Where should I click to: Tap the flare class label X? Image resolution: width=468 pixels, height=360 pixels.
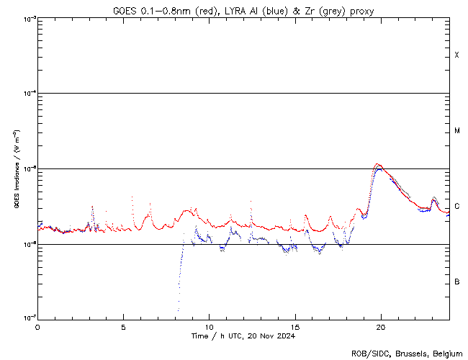pyautogui.click(x=457, y=55)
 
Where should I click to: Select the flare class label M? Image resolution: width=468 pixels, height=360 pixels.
pyautogui.click(x=457, y=131)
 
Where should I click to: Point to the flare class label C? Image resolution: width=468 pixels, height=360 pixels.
pyautogui.click(x=457, y=206)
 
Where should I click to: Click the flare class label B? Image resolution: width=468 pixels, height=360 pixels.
pyautogui.click(x=457, y=282)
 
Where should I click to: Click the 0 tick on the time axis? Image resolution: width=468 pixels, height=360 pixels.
pyautogui.click(x=37, y=326)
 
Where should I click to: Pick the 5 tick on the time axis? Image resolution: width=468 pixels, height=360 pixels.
pyautogui.click(x=123, y=326)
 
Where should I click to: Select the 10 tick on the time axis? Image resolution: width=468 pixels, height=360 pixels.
pyautogui.click(x=209, y=326)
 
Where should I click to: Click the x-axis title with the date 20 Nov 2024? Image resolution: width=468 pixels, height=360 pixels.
pyautogui.click(x=243, y=336)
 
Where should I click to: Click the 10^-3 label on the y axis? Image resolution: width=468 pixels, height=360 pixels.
pyautogui.click(x=27, y=18)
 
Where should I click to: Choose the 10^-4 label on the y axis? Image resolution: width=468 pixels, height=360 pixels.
pyautogui.click(x=27, y=94)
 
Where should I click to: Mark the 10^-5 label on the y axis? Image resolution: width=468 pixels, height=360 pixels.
pyautogui.click(x=27, y=168)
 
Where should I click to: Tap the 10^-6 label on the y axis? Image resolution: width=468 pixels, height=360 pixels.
pyautogui.click(x=27, y=244)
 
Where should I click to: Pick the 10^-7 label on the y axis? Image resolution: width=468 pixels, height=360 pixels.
pyautogui.click(x=27, y=318)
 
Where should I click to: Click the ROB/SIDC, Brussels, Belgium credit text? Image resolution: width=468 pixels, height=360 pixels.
pyautogui.click(x=406, y=353)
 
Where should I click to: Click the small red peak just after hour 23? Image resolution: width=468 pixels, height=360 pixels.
pyautogui.click(x=433, y=197)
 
